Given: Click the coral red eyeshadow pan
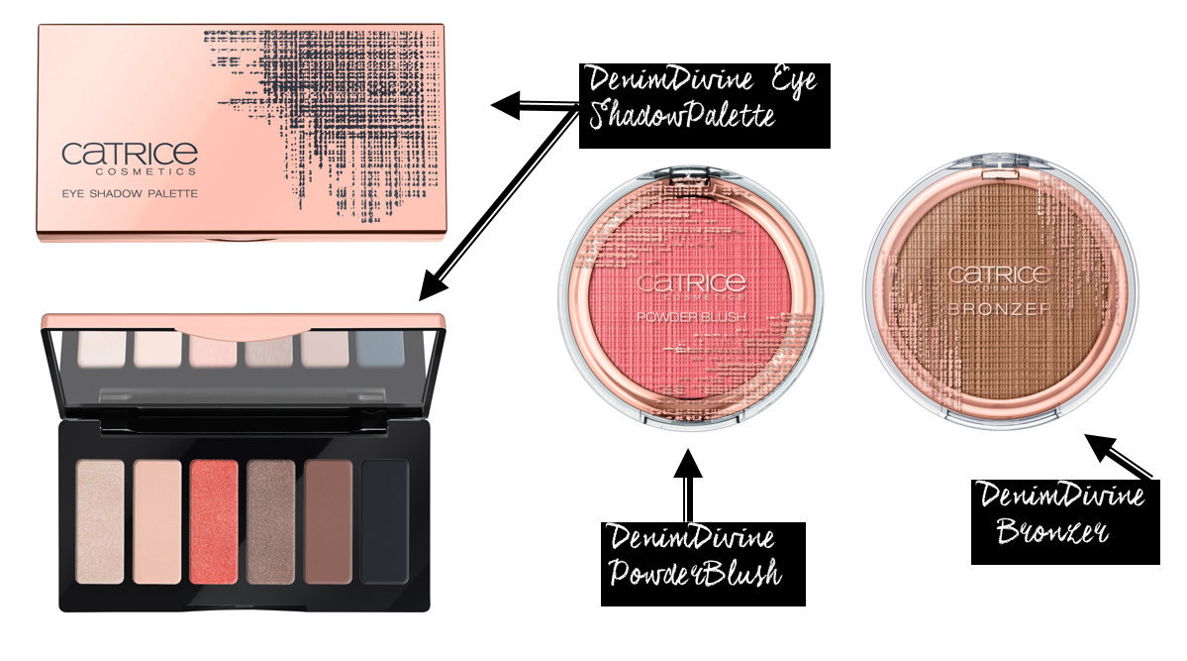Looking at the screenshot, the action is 214,521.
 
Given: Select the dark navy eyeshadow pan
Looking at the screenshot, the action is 384,521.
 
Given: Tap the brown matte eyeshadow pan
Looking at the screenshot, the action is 328,521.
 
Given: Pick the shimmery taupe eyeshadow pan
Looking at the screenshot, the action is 271,521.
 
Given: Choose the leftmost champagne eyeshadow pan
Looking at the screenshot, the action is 101,521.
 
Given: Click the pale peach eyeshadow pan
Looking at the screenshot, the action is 157,521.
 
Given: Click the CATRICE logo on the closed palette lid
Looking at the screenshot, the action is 130,158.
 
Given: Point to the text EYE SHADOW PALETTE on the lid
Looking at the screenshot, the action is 130,193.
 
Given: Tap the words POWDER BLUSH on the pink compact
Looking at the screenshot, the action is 691,317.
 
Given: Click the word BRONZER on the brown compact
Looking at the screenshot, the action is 999,308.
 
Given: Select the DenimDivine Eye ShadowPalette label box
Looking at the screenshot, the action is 704,105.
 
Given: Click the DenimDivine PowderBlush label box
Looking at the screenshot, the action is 703,564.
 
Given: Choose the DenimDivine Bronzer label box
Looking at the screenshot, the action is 1065,521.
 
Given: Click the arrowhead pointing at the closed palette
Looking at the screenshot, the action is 506,105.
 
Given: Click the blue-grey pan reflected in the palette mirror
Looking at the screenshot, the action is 379,350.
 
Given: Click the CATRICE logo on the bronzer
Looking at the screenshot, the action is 999,275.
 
